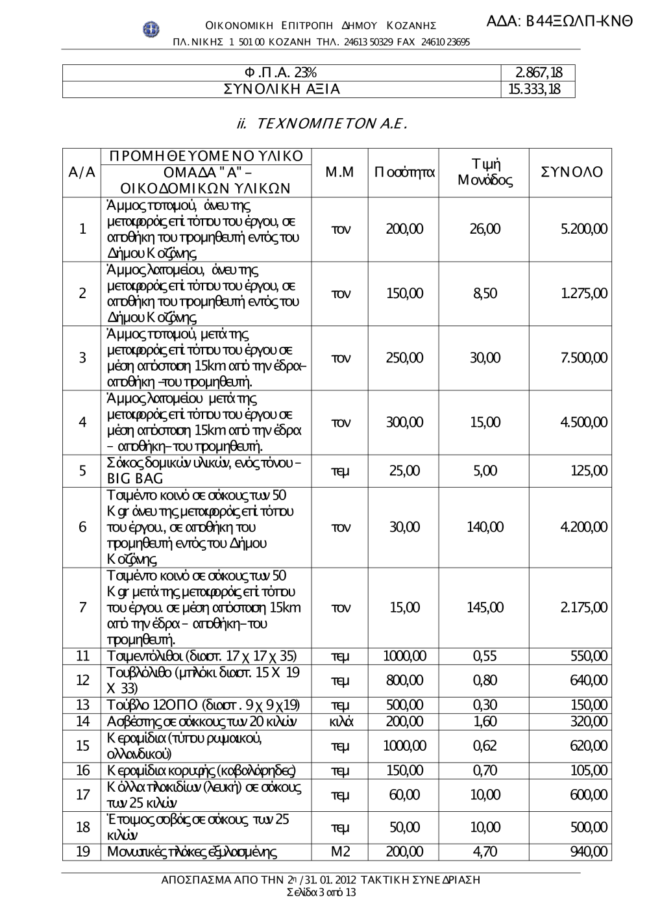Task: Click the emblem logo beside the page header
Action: [151, 28]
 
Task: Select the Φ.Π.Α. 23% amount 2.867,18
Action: [539, 73]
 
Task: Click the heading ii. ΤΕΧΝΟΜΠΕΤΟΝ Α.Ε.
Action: [322, 123]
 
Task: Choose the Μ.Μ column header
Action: [339, 172]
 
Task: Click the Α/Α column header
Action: [82, 172]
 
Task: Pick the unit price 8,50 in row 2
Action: [485, 294]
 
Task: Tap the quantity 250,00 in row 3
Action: [404, 358]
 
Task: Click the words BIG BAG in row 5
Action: [135, 479]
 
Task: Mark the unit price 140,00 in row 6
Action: [485, 527]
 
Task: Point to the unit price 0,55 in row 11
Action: [485, 656]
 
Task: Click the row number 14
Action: [82, 722]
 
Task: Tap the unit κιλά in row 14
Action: [340, 722]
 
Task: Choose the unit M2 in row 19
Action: [340, 851]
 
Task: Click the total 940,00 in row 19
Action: [589, 851]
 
